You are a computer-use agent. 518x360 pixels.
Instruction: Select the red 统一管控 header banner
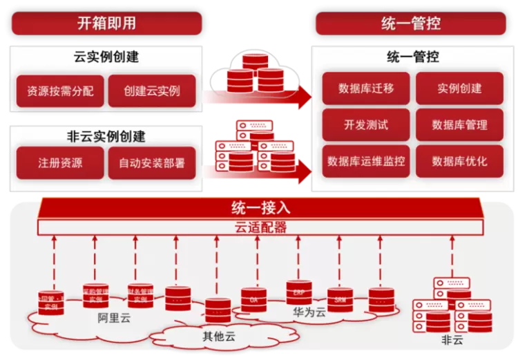[x=412, y=23]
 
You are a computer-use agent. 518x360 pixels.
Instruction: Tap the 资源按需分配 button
[x=60, y=91]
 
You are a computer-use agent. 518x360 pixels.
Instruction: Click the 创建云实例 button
[x=152, y=91]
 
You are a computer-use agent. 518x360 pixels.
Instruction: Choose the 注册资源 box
[x=60, y=163]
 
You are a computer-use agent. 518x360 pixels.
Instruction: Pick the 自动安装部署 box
[x=152, y=163]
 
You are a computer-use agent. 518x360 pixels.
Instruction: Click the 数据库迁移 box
[x=366, y=88]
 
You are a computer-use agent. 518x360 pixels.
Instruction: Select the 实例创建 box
[x=459, y=88]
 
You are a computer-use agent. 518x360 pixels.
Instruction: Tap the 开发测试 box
[x=366, y=125]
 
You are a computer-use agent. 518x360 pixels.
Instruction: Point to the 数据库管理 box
[x=459, y=125]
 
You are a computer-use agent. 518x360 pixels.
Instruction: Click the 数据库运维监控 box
[x=366, y=161]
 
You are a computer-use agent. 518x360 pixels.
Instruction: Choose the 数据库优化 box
[x=459, y=161]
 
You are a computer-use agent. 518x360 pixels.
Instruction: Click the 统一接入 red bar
[x=260, y=207]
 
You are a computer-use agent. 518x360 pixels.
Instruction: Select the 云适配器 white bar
[x=260, y=227]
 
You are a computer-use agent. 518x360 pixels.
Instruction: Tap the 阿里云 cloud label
[x=114, y=319]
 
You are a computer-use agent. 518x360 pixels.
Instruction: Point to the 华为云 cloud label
[x=309, y=312]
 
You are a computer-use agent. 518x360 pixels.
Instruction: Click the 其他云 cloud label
[x=219, y=337]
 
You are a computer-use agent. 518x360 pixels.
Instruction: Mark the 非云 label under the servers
[x=452, y=340]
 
